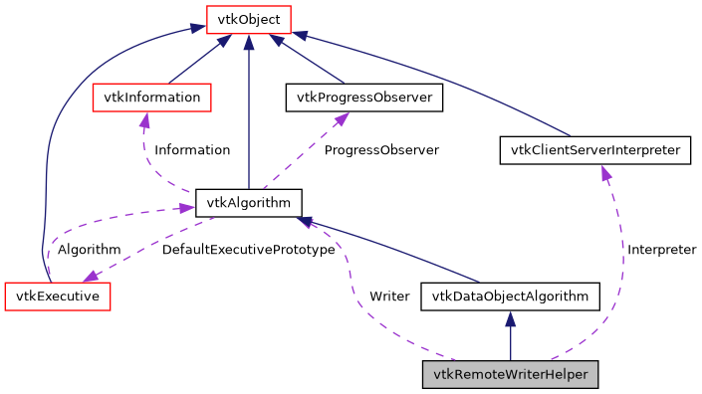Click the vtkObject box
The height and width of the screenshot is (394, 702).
248,18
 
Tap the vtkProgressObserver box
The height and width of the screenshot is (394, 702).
363,98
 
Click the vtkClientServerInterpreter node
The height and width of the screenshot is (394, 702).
594,150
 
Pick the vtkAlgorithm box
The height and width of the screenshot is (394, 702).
248,203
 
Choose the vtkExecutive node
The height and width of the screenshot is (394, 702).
57,295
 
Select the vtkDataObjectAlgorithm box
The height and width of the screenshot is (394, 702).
511,295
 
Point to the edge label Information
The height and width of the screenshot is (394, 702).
192,150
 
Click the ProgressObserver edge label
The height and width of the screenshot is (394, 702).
381,150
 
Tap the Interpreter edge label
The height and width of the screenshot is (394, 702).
661,249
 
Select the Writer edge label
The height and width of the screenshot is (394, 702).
389,296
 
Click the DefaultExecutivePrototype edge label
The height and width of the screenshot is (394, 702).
248,249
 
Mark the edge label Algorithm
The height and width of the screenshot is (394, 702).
89,249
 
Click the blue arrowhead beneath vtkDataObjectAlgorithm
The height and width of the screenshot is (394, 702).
511,318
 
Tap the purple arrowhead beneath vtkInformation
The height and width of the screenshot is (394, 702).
144,119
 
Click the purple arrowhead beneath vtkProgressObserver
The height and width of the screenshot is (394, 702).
341,119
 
